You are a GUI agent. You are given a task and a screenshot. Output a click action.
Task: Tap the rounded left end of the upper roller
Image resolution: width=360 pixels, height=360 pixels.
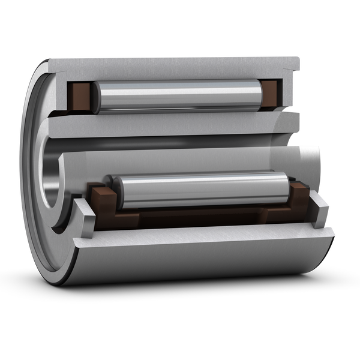[98, 95]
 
